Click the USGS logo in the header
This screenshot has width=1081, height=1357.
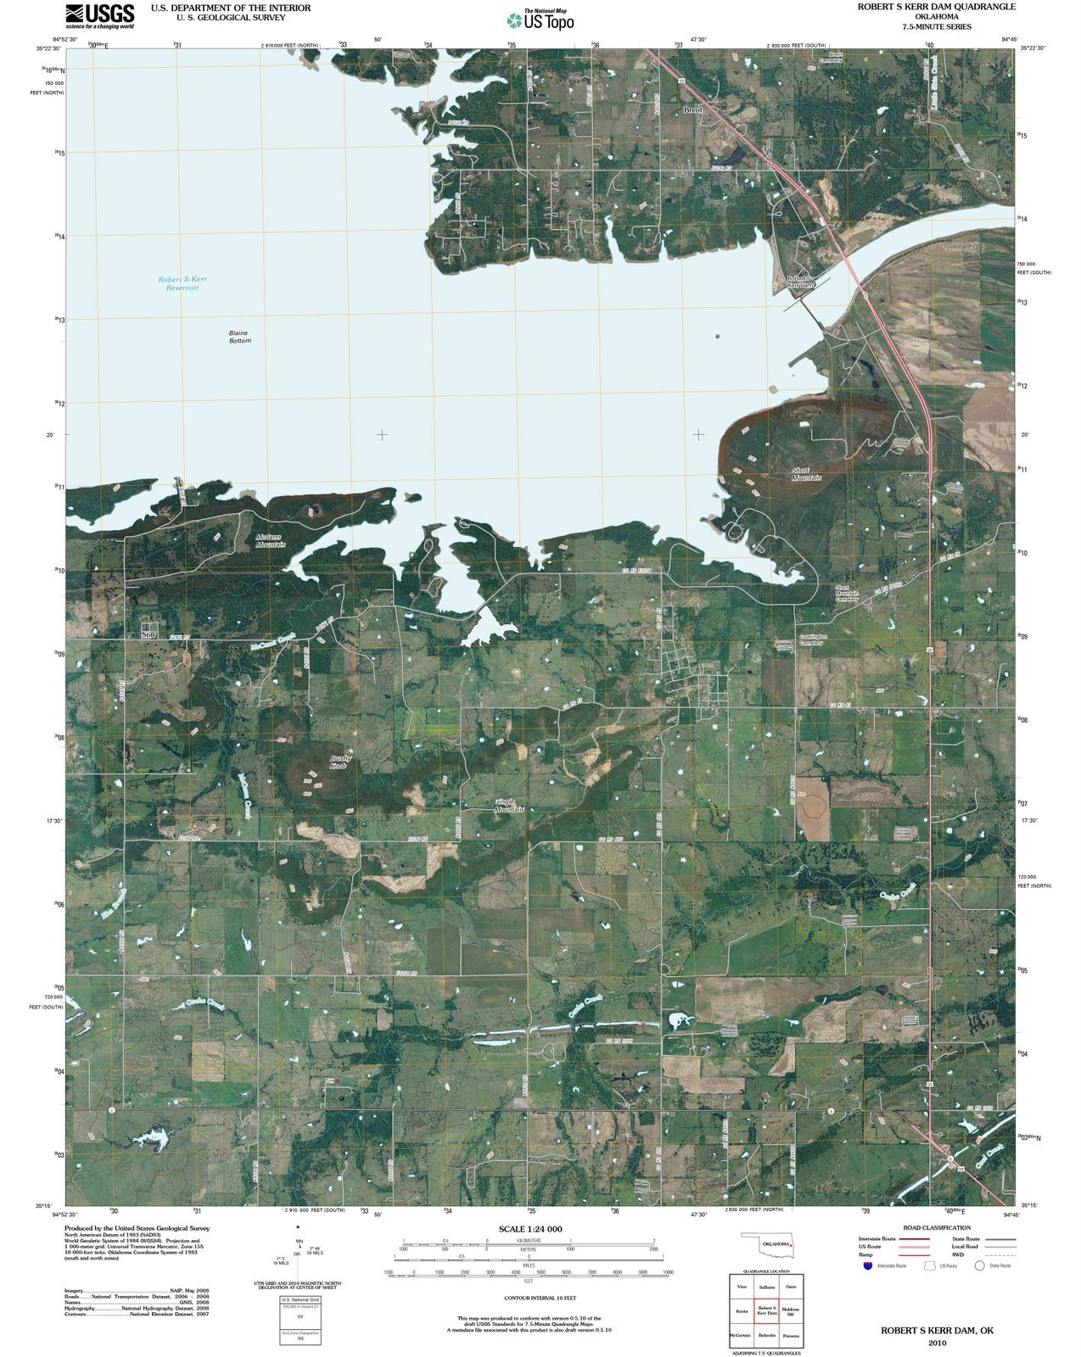100,16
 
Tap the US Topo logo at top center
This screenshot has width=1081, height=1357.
540,20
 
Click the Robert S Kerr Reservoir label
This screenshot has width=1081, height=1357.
182,283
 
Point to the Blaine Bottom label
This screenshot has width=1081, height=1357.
239,337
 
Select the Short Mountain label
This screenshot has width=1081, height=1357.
805,473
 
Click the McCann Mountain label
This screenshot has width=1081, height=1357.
271,540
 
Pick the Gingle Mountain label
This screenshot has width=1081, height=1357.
509,805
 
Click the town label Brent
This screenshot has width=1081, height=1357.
693,110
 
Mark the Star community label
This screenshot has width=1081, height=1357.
149,634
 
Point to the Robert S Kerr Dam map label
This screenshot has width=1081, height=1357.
800,282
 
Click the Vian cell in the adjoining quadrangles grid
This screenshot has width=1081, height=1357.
742,1287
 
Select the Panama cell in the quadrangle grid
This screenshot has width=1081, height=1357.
790,1335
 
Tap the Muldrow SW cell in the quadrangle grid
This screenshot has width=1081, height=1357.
790,1311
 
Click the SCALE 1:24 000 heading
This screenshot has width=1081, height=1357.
529,1229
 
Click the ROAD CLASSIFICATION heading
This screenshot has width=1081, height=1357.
937,1227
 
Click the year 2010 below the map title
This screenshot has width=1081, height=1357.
937,1343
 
